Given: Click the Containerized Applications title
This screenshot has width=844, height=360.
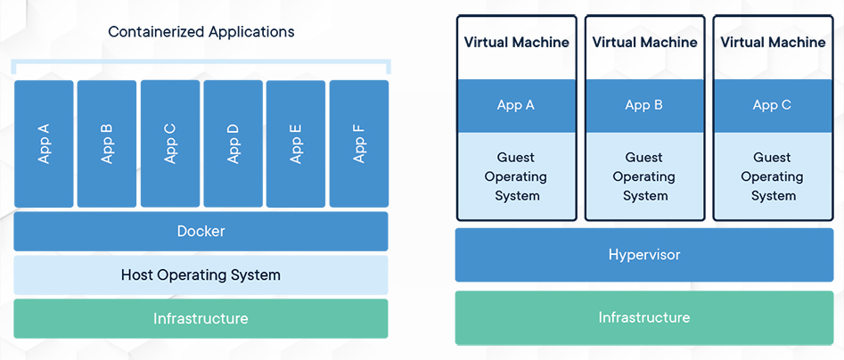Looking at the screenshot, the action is click(201, 32).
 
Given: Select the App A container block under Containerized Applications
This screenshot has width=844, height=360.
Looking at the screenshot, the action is click(44, 143).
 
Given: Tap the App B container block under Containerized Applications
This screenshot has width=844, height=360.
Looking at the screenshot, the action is click(107, 143).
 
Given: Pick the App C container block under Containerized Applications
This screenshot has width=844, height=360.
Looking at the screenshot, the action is click(170, 143).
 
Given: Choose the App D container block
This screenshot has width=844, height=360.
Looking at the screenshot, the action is click(234, 143).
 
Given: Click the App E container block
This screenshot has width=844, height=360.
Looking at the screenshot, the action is click(296, 143).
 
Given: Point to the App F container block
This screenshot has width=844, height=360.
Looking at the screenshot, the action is click(359, 143).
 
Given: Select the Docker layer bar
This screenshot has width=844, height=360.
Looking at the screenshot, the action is click(201, 232).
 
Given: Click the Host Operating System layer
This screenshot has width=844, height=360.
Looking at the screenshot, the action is click(201, 275).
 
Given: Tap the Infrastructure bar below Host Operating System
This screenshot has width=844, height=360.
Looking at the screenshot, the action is click(201, 319).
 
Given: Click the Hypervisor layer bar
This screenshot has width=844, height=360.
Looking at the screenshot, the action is click(644, 255).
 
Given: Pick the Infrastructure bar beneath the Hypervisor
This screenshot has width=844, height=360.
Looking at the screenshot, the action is click(644, 317).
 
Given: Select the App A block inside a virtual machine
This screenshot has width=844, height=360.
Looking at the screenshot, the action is click(516, 105).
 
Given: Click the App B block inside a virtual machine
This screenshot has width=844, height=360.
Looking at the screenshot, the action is click(644, 105).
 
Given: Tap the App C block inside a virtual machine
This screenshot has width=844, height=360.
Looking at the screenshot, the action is click(773, 105).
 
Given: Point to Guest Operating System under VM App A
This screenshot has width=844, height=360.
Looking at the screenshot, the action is click(516, 176).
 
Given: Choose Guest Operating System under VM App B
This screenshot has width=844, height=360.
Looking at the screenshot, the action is click(644, 176).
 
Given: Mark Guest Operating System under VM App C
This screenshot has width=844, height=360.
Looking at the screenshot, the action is click(773, 176).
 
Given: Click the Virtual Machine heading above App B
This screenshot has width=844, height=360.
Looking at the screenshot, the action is click(644, 43).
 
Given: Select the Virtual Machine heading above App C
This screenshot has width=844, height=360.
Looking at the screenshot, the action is click(773, 43).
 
